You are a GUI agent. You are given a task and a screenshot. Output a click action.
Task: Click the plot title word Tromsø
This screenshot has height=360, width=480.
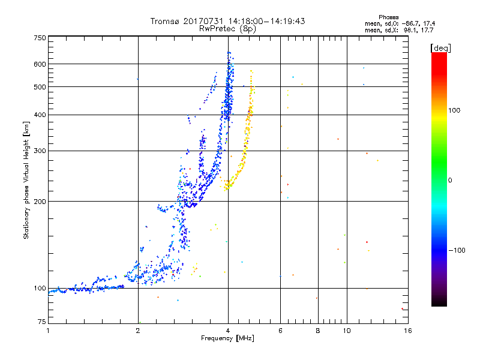(165, 21)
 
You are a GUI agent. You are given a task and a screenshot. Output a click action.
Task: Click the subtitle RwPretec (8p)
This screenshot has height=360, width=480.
(227, 28)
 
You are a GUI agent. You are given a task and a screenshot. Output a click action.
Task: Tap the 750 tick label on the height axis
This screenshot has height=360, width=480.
(40, 38)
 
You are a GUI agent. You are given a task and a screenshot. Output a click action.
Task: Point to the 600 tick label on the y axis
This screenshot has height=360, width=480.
(40, 64)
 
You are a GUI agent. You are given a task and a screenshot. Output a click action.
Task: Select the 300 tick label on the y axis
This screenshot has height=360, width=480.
(40, 151)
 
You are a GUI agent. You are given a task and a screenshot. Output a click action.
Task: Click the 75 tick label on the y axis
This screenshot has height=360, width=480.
(41, 322)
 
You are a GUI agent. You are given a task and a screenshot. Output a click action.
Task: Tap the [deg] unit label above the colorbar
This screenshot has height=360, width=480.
(440, 47)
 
